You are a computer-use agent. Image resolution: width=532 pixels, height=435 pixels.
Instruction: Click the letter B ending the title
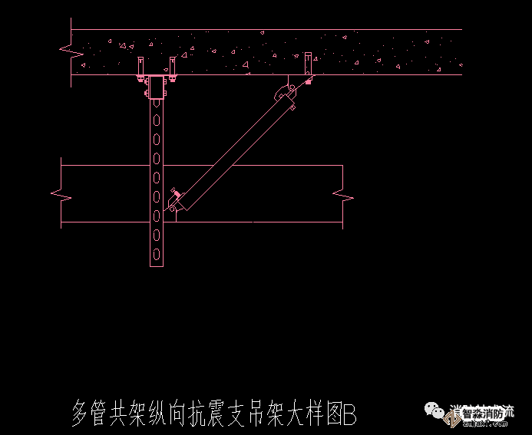coord(350,415)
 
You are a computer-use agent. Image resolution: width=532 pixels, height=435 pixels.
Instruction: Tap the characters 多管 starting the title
coord(87,415)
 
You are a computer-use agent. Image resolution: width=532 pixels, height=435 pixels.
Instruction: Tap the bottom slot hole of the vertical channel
coord(157,253)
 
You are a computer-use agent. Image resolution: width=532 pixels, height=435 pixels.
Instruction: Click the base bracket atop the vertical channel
coord(157,87)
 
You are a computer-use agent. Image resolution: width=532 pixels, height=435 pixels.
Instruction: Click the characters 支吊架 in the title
coord(261,415)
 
